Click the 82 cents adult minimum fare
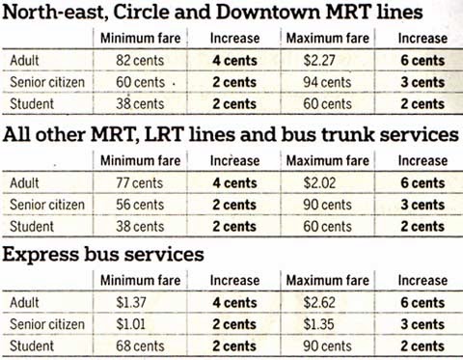140,60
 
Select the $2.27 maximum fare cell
319,60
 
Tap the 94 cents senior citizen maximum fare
327,82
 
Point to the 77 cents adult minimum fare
140,182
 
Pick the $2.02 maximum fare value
319,182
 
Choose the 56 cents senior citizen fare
140,205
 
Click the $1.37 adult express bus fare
131,302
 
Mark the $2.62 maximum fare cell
319,302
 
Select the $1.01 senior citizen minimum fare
130,324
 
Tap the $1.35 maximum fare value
318,324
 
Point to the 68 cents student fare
140,346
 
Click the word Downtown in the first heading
268,13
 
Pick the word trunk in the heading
348,134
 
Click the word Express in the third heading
41,255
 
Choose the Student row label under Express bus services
32,346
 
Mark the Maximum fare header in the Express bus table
328,280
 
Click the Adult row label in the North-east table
24,60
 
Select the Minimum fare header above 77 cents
141,160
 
